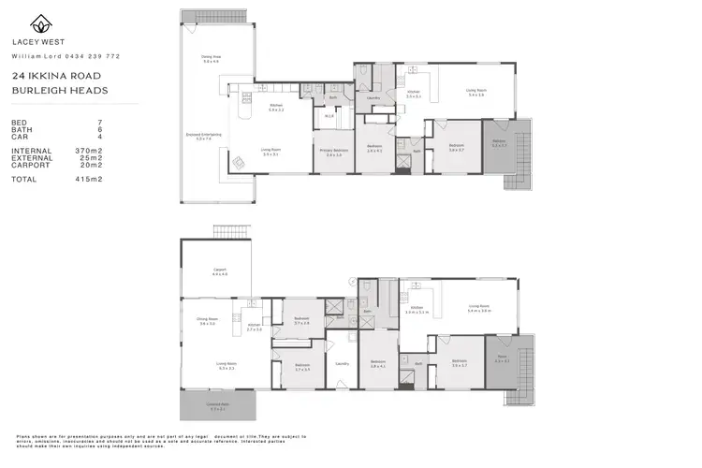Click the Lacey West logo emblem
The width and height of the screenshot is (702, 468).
[41, 23]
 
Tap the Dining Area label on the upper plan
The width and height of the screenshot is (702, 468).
[211, 58]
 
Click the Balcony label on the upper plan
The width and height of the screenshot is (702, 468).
[499, 143]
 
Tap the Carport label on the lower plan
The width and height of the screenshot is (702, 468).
[219, 271]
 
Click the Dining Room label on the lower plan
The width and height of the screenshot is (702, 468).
[208, 321]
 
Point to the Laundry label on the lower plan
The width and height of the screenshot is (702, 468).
[343, 364]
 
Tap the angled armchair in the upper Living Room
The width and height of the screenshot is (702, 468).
[238, 161]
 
